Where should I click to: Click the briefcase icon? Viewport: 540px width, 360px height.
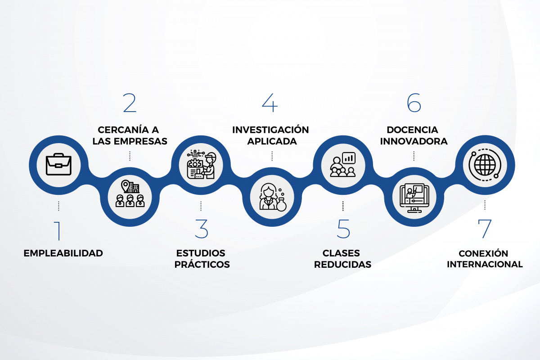click(x=58, y=164)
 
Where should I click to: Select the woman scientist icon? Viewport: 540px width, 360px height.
click(x=272, y=197)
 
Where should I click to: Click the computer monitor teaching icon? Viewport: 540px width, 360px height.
click(x=414, y=198)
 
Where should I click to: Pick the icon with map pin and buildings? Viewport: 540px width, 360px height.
click(x=130, y=193)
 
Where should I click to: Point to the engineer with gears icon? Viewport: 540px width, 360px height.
click(x=202, y=165)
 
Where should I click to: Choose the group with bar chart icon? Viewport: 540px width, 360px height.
click(x=343, y=164)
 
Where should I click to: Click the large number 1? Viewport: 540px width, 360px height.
click(x=58, y=231)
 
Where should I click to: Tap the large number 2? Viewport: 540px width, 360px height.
click(x=130, y=103)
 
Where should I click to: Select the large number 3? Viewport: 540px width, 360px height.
click(x=201, y=229)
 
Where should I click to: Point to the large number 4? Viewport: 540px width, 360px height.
click(x=270, y=103)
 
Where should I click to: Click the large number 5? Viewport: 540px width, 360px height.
click(x=343, y=229)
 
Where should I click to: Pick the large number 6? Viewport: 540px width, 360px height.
click(x=414, y=103)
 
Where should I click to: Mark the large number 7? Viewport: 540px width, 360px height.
click(x=484, y=229)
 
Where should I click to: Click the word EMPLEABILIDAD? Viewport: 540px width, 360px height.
click(x=63, y=253)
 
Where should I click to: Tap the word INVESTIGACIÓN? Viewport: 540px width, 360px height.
click(x=270, y=130)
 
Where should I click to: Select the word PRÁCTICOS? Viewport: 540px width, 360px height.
click(x=202, y=264)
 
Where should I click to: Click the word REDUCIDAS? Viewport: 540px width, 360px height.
click(x=342, y=265)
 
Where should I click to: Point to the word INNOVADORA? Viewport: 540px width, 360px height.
click(x=414, y=141)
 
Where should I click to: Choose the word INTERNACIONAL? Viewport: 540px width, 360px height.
click(x=485, y=264)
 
